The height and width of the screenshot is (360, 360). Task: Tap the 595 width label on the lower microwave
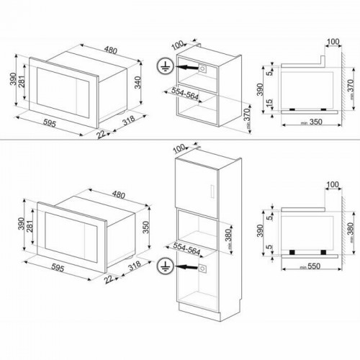point(61,274)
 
